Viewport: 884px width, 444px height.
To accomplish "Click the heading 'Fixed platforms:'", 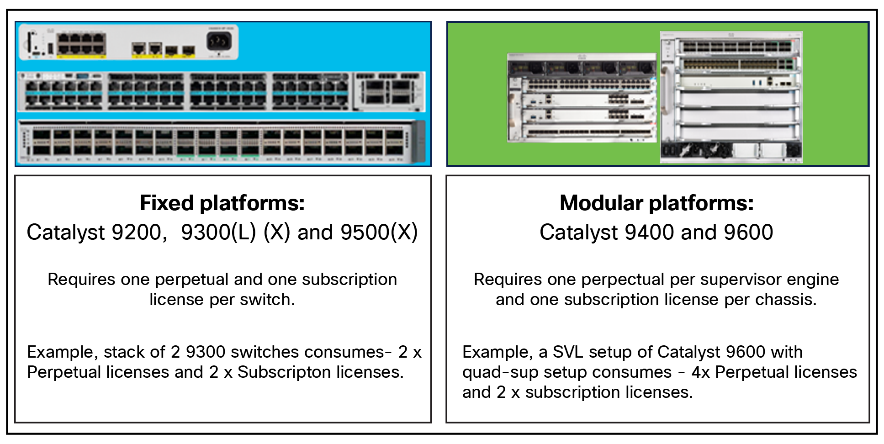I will tap(222, 203).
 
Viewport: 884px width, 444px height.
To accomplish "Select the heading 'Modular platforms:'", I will tap(656, 203).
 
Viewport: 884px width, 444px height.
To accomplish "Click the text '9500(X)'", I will tap(379, 232).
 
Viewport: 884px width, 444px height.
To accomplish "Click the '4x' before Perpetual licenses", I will tap(700, 372).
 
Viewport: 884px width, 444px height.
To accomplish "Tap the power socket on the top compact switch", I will tap(219, 42).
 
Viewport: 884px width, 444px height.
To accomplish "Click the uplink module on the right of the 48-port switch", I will tap(389, 92).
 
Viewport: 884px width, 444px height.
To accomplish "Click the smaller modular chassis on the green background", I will tap(582, 97).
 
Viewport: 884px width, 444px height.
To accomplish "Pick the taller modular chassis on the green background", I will tap(731, 97).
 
